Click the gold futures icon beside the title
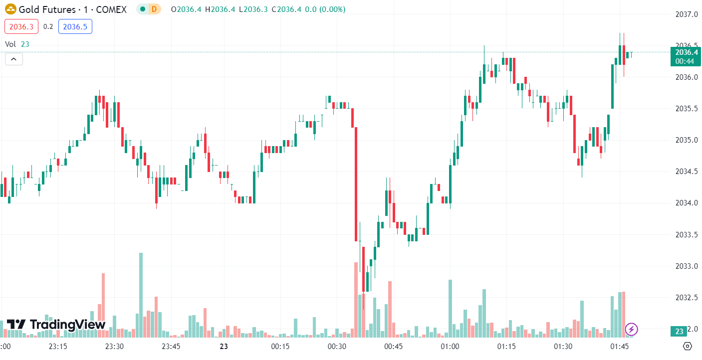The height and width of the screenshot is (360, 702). coord(10,9)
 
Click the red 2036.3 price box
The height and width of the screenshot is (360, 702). coord(21,27)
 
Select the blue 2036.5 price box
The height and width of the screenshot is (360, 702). coord(75,27)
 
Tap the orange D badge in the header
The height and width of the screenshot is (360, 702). coord(154,9)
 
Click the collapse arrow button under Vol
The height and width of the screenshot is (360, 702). coord(14,59)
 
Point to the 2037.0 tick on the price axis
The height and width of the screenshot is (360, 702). coord(684,14)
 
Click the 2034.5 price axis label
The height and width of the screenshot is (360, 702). coord(684,172)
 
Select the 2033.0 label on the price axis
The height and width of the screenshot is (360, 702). coord(684,266)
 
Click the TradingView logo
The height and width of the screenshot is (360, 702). coord(56,325)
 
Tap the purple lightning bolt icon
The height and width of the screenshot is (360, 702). coord(632,329)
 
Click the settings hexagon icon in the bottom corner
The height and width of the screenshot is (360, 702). coord(688,346)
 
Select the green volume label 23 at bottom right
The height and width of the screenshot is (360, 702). coord(679,332)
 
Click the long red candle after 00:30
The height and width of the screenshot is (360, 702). coord(356,184)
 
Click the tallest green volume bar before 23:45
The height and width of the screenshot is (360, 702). coord(141,294)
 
